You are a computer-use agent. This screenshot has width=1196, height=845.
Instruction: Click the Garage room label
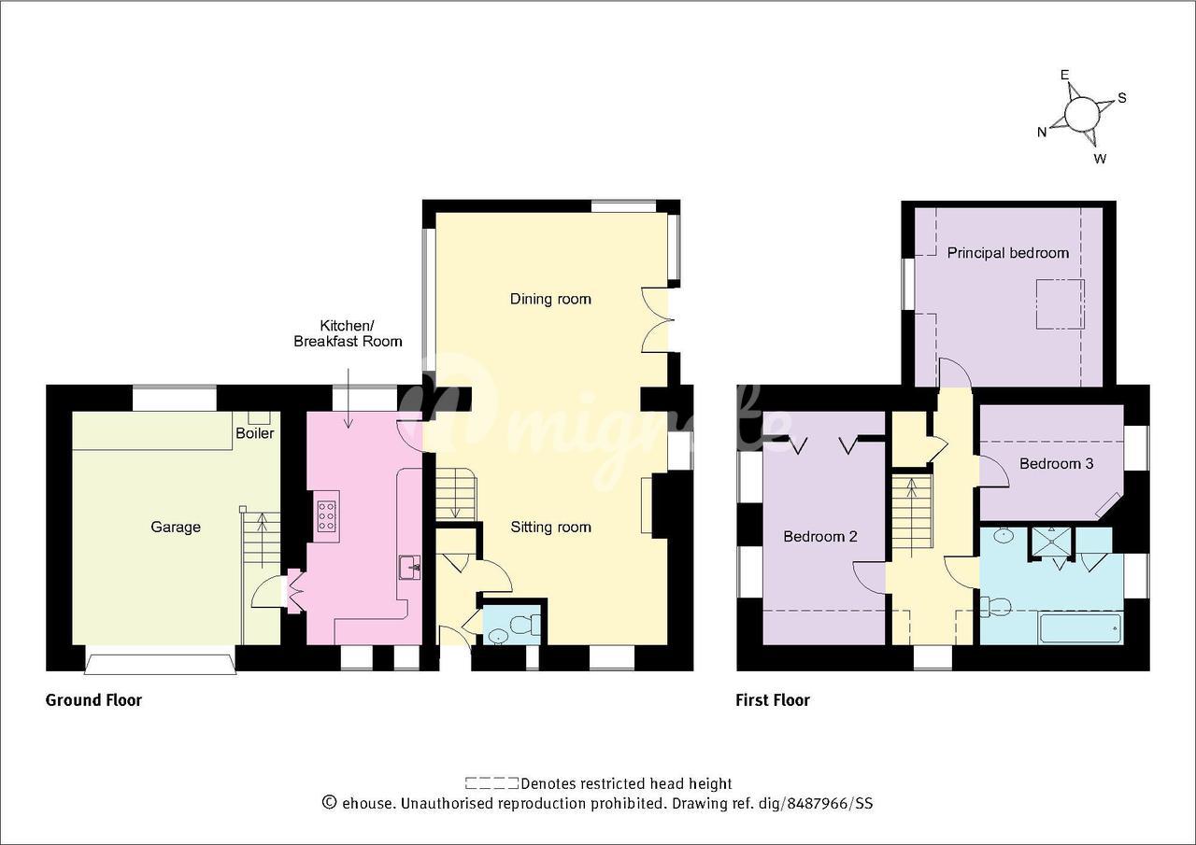176,527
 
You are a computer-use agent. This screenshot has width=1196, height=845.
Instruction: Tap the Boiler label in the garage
255,433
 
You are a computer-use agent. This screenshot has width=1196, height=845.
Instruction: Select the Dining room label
550,299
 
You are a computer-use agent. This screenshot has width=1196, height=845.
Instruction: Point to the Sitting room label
550,527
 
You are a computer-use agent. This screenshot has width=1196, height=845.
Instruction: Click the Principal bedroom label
1008,253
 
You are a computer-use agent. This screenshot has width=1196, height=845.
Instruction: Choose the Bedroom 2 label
820,536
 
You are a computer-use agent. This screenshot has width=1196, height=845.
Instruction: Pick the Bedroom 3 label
1056,463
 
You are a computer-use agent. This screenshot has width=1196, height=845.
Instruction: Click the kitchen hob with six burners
327,516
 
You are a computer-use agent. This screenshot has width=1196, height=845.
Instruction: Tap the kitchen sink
410,567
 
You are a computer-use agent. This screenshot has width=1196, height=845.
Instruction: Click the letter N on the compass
1041,133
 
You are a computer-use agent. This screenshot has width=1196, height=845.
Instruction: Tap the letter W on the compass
1100,159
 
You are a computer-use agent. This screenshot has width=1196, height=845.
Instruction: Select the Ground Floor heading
94,700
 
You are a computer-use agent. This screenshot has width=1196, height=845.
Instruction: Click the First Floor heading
773,700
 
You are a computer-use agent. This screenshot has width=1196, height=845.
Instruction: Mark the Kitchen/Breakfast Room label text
348,333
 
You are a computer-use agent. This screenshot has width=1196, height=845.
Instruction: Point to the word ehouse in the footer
367,803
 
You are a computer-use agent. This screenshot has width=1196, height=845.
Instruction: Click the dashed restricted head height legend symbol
491,783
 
